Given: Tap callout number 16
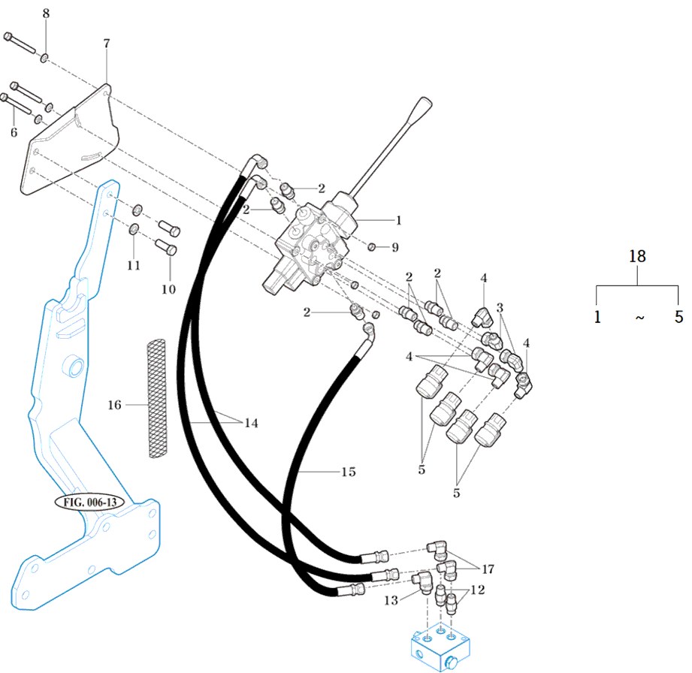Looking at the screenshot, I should pos(114,405).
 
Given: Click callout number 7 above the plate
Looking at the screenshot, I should pos(106,44).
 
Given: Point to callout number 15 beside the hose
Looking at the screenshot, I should pos(348,472).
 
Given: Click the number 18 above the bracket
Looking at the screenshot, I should pos(637,256).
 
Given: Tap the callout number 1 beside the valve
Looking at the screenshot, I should pos(398,220).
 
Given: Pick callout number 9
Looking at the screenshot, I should pos(395,246).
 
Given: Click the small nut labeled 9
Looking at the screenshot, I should pos(373,246).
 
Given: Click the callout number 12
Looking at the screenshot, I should pos(476,591).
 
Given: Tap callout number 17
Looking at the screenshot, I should pos(488,569).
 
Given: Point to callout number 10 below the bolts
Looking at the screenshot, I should pos(168,288).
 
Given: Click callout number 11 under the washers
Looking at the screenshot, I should pos(133,265).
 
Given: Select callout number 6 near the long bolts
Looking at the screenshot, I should pos(13,132).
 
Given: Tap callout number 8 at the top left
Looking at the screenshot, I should pos(46,14).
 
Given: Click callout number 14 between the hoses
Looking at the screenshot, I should pos(250,424).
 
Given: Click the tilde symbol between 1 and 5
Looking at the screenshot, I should pos(639,318).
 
